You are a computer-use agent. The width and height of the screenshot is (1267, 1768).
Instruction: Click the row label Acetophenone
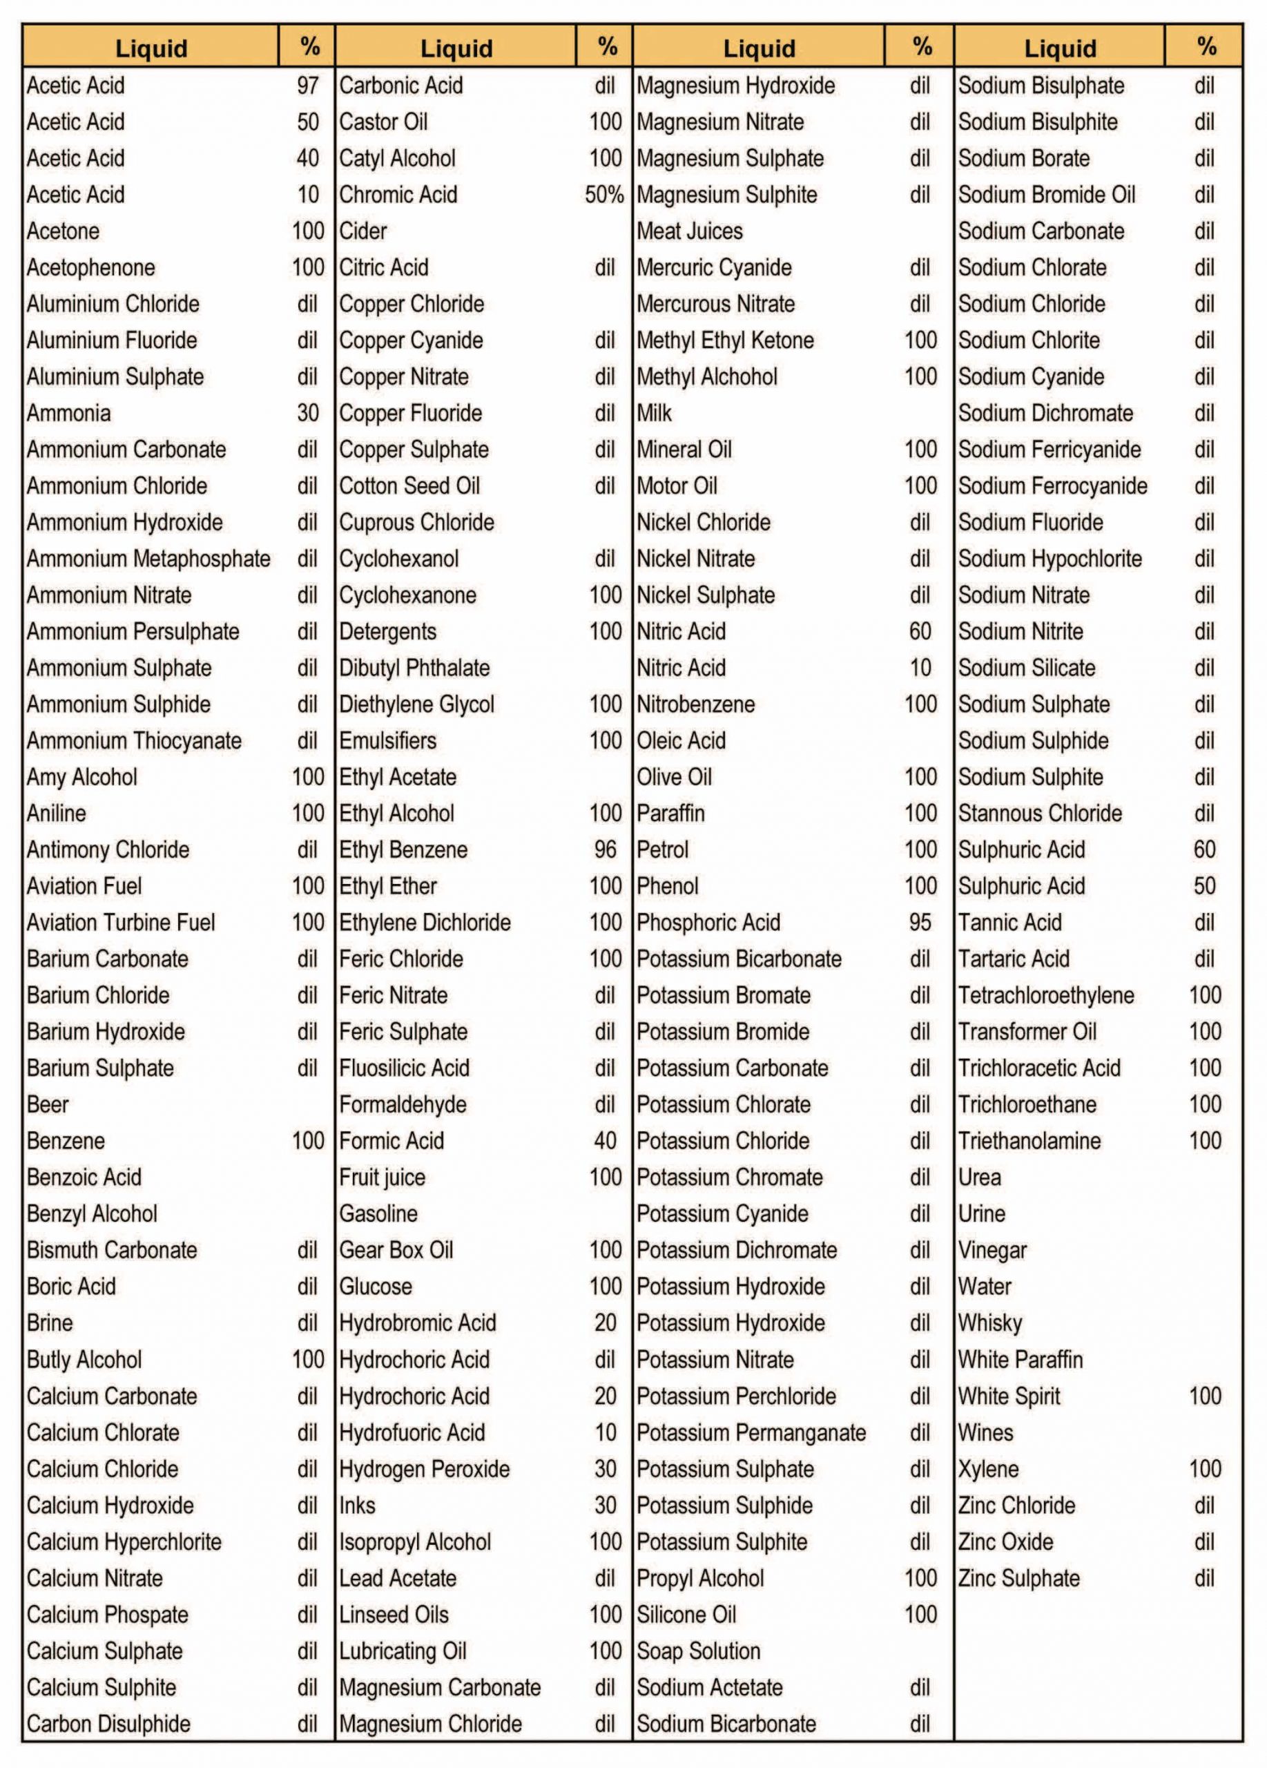tap(90, 267)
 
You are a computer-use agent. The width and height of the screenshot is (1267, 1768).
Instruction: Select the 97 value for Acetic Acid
tap(308, 86)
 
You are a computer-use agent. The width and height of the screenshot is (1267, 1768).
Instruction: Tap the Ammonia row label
tap(68, 413)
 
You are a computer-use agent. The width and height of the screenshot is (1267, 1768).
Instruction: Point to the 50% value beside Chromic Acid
tap(604, 195)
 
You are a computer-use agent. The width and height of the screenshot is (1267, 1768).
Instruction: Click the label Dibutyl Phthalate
tap(414, 668)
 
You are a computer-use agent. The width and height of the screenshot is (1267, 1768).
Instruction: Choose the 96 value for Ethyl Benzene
tap(605, 849)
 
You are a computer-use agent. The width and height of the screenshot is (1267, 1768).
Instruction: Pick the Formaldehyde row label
tap(402, 1104)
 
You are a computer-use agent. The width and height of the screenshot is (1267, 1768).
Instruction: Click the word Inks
tap(357, 1506)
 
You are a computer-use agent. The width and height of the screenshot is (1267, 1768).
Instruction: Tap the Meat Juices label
tap(689, 231)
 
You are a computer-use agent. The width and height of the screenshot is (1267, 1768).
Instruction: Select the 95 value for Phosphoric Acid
tap(920, 922)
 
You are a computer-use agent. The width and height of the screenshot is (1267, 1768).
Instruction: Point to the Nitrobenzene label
tap(695, 704)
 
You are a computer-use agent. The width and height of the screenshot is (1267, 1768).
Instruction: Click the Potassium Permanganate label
tap(751, 1433)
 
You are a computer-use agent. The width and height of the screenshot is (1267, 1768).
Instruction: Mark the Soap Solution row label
tap(697, 1651)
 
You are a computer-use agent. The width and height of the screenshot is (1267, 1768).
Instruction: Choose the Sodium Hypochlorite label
tap(1049, 559)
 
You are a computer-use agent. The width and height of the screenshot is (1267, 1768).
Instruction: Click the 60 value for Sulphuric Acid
tap(1204, 849)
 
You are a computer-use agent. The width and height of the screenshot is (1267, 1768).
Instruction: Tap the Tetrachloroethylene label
tap(1045, 995)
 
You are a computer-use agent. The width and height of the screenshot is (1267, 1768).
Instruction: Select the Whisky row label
tap(989, 1323)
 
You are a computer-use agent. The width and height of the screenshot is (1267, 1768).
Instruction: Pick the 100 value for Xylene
tap(1205, 1470)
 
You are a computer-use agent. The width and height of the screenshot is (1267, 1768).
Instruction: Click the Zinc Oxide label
tap(1005, 1542)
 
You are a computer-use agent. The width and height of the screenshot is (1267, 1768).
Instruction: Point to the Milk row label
tap(654, 413)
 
